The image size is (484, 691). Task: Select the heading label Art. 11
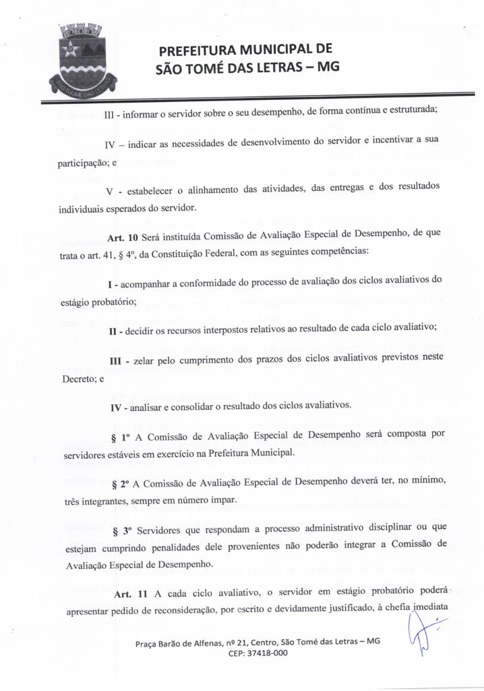pyautogui.click(x=131, y=595)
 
